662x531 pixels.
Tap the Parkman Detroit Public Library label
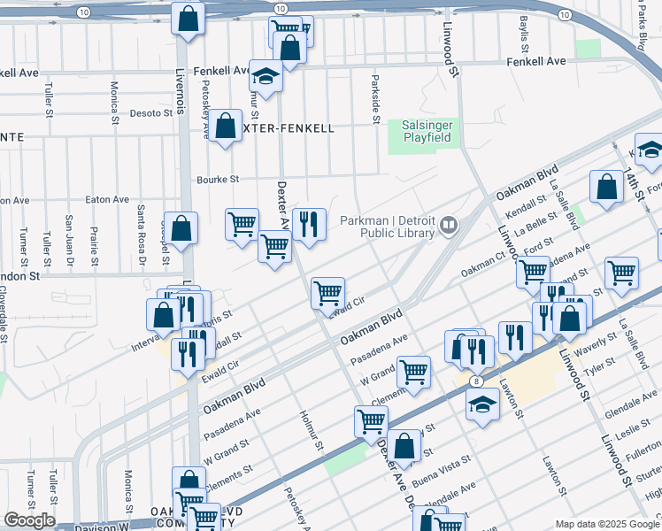[389, 226]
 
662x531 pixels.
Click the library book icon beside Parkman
[450, 226]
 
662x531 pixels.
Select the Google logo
[29, 520]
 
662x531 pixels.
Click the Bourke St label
[222, 179]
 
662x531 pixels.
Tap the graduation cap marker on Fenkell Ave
[265, 75]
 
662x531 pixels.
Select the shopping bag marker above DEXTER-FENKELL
[226, 125]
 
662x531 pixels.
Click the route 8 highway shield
[477, 381]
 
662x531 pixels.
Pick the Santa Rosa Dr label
[140, 232]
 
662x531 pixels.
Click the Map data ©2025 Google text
[606, 524]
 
